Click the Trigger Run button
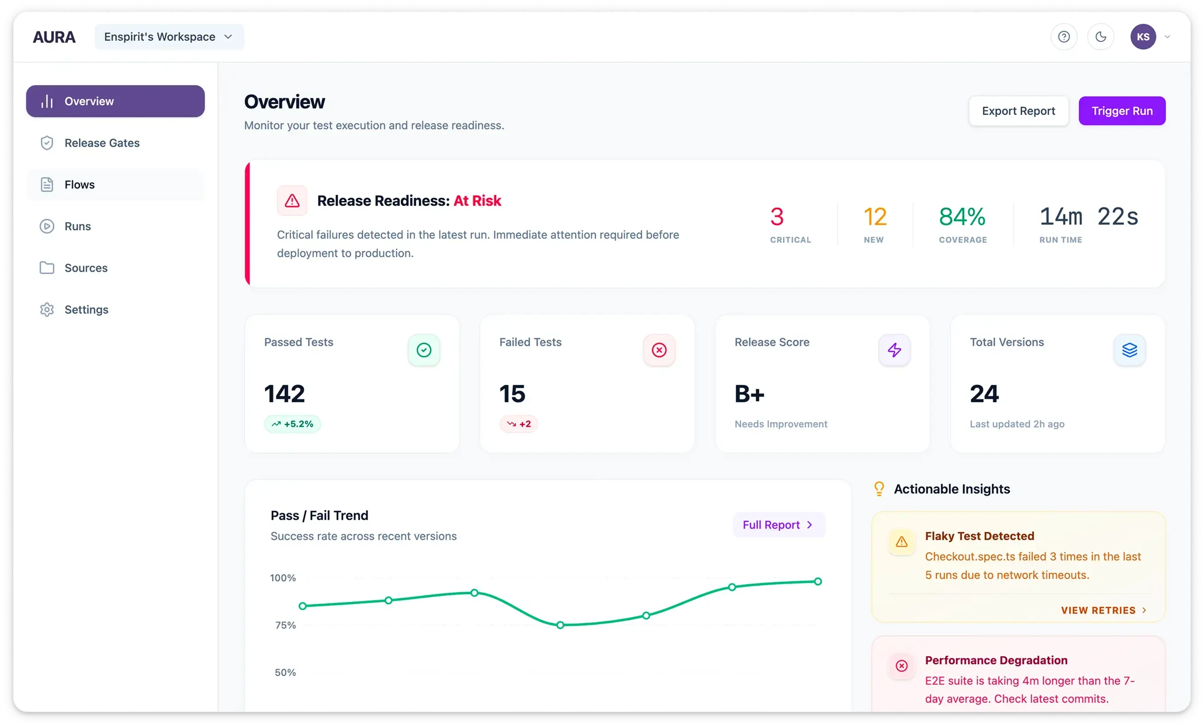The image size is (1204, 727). click(x=1122, y=111)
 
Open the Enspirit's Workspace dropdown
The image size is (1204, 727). click(x=168, y=37)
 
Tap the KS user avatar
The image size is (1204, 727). click(x=1142, y=37)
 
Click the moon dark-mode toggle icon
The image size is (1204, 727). click(x=1100, y=37)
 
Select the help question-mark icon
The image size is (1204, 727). click(x=1063, y=37)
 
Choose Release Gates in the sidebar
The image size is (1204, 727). click(x=102, y=143)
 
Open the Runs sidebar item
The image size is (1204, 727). click(x=77, y=226)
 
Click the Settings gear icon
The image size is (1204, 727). click(x=47, y=310)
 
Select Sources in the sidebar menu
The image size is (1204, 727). click(x=86, y=268)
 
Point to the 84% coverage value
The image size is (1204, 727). click(x=962, y=217)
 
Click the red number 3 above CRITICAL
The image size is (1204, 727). click(x=777, y=217)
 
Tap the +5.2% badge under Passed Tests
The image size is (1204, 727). click(x=292, y=424)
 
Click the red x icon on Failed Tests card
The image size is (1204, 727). click(x=659, y=350)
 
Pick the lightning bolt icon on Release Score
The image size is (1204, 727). click(x=894, y=350)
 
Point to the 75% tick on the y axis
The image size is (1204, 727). click(x=285, y=625)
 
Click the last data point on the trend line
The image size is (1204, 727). click(x=817, y=582)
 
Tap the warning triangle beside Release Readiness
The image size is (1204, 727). click(x=292, y=200)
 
